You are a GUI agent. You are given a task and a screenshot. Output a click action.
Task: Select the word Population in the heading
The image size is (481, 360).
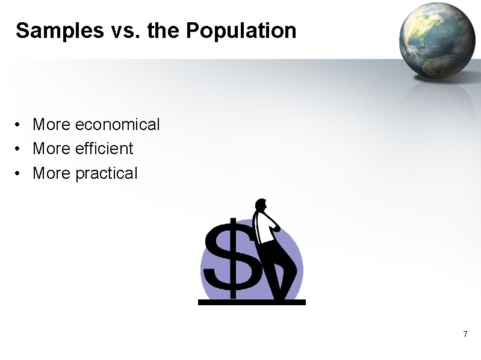pos(241,31)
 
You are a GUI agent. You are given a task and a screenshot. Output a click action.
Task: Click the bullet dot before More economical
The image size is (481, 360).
pos(19,125)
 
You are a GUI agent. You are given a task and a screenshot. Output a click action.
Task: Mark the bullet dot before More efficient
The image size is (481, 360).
pos(19,149)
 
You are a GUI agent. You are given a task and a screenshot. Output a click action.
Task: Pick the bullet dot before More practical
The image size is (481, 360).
pos(19,174)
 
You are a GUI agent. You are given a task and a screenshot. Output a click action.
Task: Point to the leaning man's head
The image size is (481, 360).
pos(261,206)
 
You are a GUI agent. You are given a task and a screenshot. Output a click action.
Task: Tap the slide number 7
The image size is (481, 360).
pos(465,334)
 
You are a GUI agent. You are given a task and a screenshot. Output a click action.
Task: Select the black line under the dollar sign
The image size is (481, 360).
pos(252,302)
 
